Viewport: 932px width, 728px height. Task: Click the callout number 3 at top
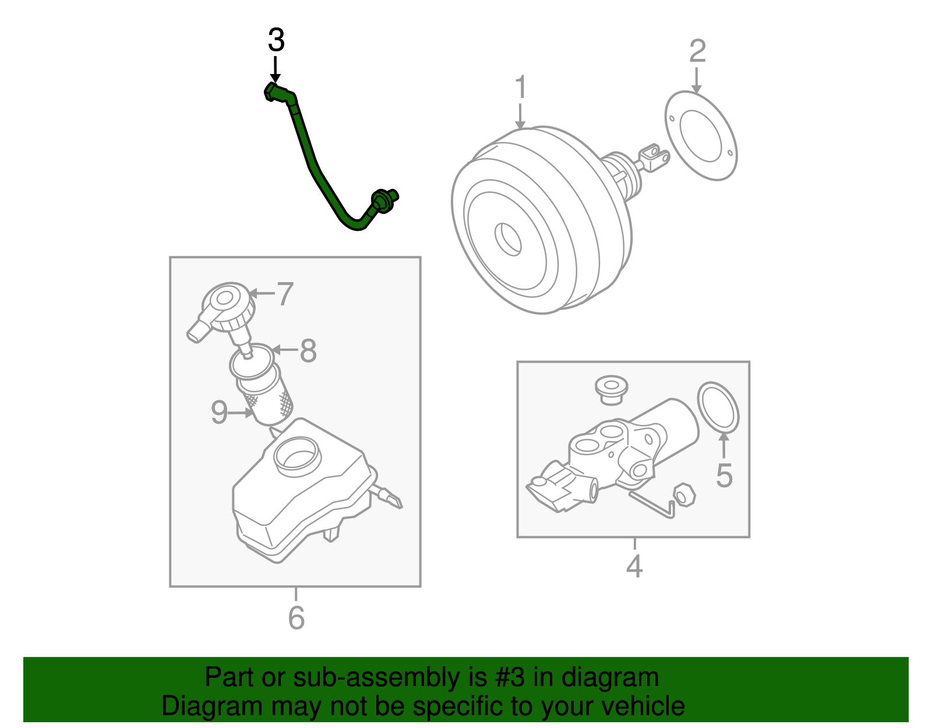pyautogui.click(x=276, y=41)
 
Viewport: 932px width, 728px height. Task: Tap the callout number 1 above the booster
pyautogui.click(x=521, y=87)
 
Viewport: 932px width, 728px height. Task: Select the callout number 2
pyautogui.click(x=697, y=52)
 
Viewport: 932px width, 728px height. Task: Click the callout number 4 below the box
pyautogui.click(x=634, y=566)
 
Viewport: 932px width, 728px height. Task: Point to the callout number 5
pyautogui.click(x=724, y=476)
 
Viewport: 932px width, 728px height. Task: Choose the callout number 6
pyautogui.click(x=296, y=618)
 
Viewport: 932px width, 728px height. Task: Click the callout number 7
pyautogui.click(x=284, y=294)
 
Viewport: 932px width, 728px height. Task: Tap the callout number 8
pyautogui.click(x=308, y=351)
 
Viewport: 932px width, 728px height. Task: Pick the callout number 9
pyautogui.click(x=219, y=413)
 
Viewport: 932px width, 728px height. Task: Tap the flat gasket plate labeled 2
pyautogui.click(x=701, y=135)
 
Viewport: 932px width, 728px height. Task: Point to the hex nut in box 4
pyautogui.click(x=684, y=495)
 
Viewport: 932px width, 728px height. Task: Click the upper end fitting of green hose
pyautogui.click(x=273, y=92)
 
